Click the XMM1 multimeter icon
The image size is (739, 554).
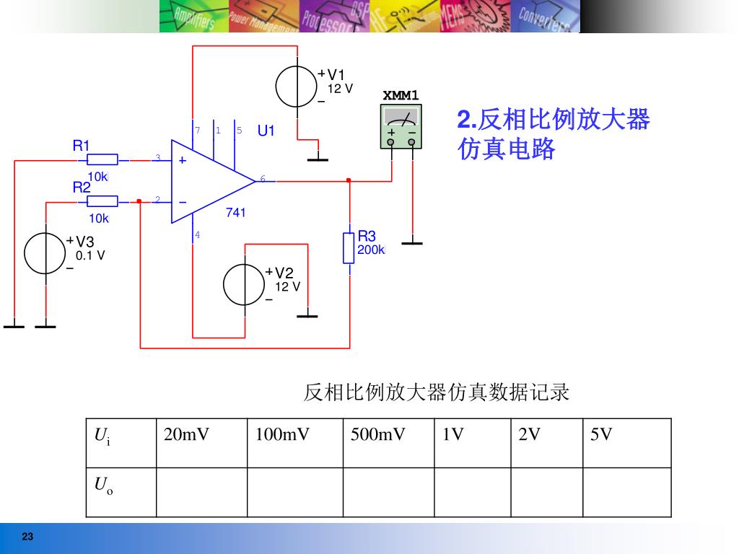click(x=401, y=126)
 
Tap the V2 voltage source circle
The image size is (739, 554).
click(x=244, y=285)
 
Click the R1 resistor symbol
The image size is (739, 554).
click(x=102, y=159)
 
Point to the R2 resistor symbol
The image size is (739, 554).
click(x=102, y=201)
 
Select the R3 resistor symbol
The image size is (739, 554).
click(x=349, y=247)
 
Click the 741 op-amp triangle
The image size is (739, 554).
click(x=209, y=180)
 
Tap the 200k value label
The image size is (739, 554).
click(x=371, y=250)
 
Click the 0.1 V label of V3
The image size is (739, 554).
click(x=90, y=255)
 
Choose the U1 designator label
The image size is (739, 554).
click(x=266, y=131)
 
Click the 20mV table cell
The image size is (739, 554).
click(x=186, y=435)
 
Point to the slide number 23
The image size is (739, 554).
click(x=28, y=537)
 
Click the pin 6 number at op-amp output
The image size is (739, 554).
click(x=263, y=179)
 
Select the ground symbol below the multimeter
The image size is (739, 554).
click(x=412, y=242)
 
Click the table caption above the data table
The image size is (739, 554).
click(x=436, y=392)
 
